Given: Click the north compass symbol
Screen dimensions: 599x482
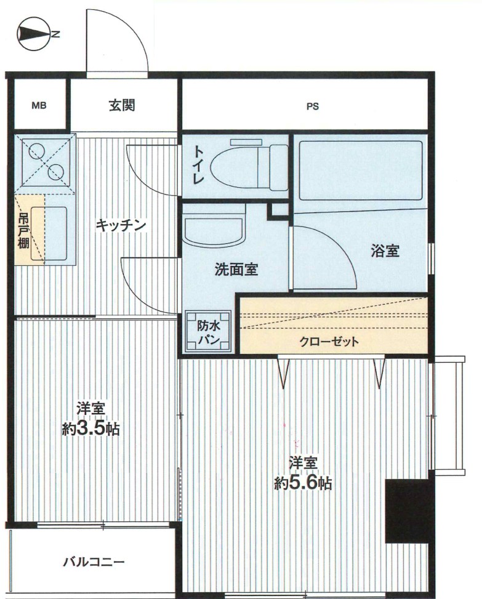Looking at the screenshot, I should click(x=34, y=35).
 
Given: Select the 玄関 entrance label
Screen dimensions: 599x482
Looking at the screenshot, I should click(x=122, y=105).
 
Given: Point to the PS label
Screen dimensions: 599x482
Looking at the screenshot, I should click(x=313, y=106).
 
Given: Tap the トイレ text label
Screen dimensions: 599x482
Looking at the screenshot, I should click(x=198, y=164).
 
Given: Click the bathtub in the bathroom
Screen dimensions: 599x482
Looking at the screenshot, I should click(x=359, y=171).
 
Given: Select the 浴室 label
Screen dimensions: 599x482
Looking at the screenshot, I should click(x=385, y=251).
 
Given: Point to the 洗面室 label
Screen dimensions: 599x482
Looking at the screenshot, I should click(x=235, y=269).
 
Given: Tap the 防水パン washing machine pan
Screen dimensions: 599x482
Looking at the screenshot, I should click(x=209, y=332).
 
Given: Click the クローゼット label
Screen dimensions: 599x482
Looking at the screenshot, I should click(x=329, y=342).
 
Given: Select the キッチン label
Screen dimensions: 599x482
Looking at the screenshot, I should click(x=121, y=225).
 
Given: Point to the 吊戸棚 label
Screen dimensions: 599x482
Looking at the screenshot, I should click(x=23, y=230).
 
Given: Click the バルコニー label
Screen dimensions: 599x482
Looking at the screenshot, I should click(x=94, y=561).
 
